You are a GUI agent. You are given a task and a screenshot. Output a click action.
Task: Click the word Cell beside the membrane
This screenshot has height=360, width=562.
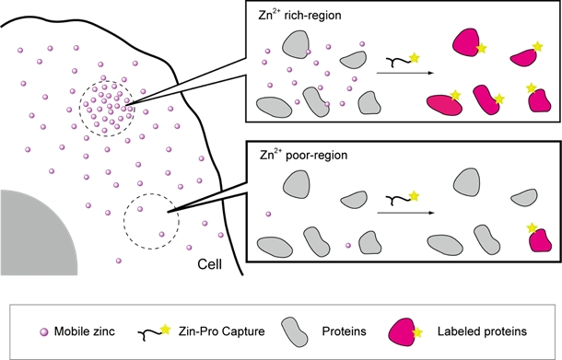pos(210,264)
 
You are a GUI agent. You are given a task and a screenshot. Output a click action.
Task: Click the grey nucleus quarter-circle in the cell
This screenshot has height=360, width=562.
pos(32,239)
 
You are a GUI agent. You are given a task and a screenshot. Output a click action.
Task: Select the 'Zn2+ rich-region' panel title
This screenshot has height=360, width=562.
pos(299,16)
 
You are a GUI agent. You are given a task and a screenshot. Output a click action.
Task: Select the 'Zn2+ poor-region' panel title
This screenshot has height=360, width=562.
pos(303,155)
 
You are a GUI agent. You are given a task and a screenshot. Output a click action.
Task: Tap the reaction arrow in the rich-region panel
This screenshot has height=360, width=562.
pos(405,73)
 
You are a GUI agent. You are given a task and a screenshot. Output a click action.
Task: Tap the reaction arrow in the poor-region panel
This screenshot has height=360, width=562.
pos(405,213)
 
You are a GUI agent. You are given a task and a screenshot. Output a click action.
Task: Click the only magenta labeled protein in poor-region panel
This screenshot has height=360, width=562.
pos(540,240)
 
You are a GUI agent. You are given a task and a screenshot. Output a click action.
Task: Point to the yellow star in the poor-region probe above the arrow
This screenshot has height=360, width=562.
pos(414,196)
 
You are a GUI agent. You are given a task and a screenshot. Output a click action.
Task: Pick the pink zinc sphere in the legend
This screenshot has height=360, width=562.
pos(43,332)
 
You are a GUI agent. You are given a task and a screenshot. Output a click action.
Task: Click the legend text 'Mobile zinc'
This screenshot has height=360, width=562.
pos(85,331)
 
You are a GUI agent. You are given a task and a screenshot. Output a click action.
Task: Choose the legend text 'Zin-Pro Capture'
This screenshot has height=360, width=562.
pos(221,331)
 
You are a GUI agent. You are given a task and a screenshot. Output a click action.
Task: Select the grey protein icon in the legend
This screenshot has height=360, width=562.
pos(295,332)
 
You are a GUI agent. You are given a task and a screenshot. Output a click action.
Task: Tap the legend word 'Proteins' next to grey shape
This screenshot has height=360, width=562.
pos(344,331)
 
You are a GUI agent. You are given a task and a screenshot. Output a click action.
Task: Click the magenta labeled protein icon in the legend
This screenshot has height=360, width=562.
pos(403,332)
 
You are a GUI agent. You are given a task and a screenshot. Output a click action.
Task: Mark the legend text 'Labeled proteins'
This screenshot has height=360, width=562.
pos(482,331)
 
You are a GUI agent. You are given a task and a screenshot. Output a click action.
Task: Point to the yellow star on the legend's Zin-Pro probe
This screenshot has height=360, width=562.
pos(165,329)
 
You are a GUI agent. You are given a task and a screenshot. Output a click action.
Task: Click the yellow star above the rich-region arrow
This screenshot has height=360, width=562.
pos(414,57)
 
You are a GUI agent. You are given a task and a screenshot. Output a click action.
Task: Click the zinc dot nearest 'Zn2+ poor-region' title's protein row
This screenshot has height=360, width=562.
pos(268,214)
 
